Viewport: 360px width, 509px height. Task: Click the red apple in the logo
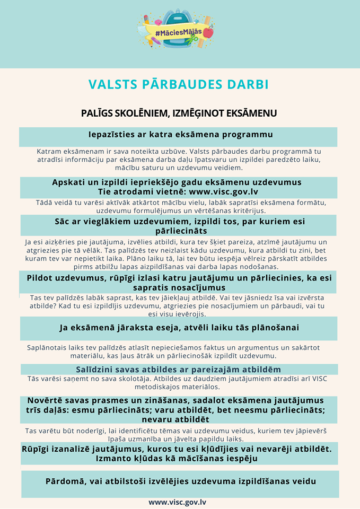(208, 32)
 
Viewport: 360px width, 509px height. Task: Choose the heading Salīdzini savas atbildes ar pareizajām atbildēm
(178, 369)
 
